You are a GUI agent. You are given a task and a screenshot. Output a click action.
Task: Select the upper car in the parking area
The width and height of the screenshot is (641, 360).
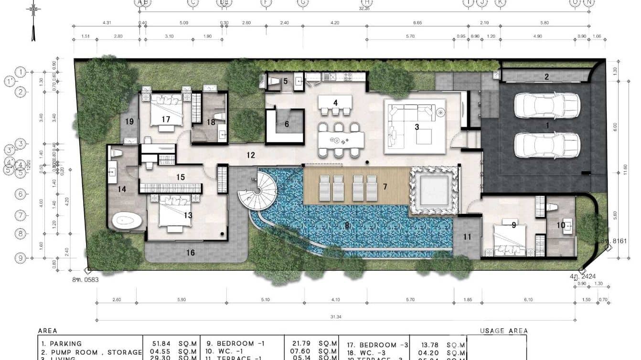coord(547,105)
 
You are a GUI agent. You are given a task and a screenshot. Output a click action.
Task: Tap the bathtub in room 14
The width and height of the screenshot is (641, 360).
coord(127,221)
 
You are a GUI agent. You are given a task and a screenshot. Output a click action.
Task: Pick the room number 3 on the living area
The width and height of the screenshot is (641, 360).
coord(417,127)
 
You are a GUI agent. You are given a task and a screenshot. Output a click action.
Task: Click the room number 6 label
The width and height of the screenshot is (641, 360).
coord(287,124)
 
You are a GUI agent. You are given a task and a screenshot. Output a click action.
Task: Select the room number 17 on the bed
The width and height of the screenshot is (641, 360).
coord(166,119)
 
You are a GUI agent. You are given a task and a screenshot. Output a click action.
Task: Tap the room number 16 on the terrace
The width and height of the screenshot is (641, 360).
coord(190,253)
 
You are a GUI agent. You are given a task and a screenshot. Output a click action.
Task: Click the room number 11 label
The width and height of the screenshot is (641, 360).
coord(467,236)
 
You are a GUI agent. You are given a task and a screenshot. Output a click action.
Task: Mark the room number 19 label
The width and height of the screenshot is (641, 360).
coord(129,121)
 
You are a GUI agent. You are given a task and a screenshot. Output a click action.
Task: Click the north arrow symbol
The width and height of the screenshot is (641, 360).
coord(33,21)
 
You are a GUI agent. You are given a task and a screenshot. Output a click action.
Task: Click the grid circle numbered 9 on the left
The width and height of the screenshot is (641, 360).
coord(21,258)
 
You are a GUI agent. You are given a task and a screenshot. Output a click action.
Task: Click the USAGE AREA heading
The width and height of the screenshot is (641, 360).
coord(504,331)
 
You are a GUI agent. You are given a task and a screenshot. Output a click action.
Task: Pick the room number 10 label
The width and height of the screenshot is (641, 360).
coord(560,225)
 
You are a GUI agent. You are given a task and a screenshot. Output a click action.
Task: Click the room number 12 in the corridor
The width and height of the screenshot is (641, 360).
coord(251,155)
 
